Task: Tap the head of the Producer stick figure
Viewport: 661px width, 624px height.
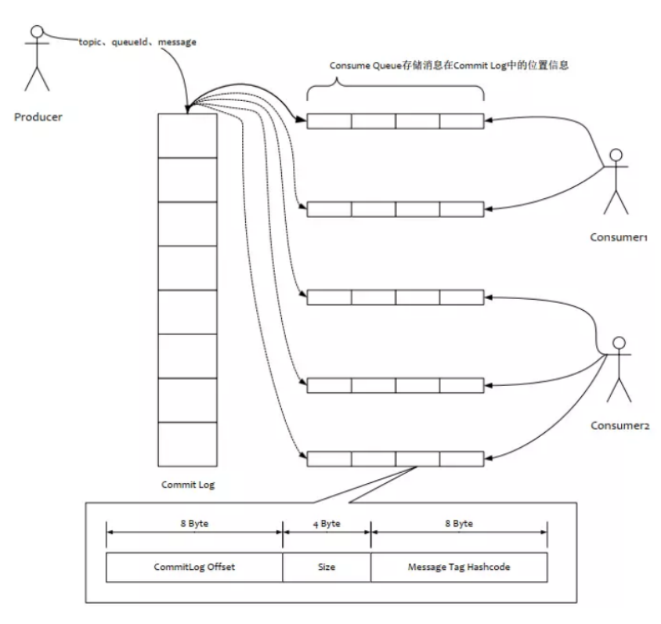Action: [34, 34]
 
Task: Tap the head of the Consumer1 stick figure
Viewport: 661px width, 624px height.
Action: [616, 155]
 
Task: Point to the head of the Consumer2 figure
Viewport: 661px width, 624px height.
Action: [619, 342]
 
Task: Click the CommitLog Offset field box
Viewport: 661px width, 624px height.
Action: [193, 567]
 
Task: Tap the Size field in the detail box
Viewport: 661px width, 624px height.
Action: [327, 567]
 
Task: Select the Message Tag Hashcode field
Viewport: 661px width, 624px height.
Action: [458, 567]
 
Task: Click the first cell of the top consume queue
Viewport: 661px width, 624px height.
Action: [329, 121]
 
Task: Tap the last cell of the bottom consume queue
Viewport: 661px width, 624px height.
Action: [462, 459]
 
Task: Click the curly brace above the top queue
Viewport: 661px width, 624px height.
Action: [395, 92]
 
